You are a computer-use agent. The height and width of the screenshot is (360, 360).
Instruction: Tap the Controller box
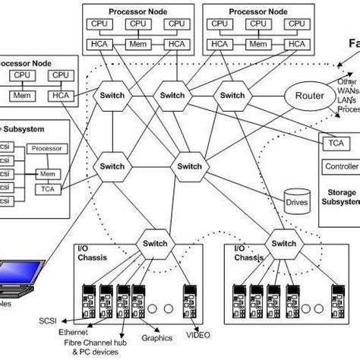pos(341,166)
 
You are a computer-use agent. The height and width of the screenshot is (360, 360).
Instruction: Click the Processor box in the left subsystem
pos(47,149)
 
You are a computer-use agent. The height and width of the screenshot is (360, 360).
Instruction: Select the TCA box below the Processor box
pos(49,188)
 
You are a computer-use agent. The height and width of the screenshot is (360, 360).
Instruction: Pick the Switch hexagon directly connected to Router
pos(232,96)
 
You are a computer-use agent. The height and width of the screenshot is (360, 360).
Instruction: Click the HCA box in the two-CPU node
pos(60,96)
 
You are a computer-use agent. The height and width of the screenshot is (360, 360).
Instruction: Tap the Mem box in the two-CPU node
pos(21,96)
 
